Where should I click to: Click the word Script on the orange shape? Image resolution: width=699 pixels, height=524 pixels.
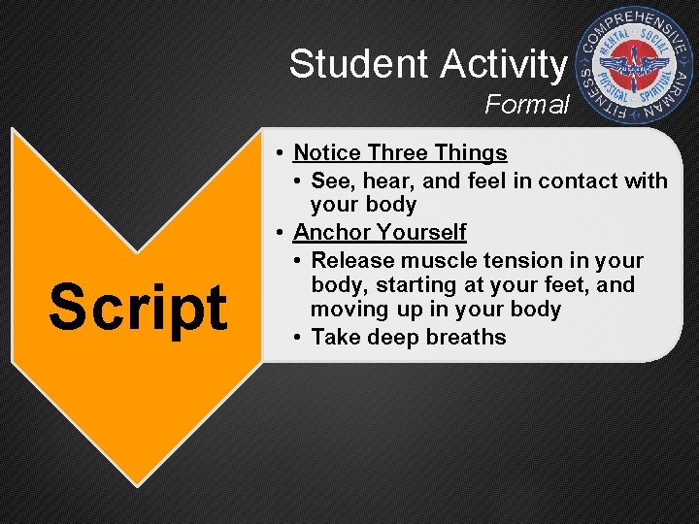tap(138, 308)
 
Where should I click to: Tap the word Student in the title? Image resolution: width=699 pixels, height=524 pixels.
tap(359, 64)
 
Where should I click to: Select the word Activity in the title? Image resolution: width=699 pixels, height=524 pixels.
tap(502, 64)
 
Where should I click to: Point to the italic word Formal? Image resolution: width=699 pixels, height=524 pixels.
tap(527, 104)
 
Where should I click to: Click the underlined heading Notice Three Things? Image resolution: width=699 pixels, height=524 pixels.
tap(400, 152)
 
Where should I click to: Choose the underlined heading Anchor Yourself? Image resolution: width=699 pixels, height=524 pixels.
tap(380, 233)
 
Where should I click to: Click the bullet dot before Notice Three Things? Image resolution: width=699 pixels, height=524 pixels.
tap(279, 153)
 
